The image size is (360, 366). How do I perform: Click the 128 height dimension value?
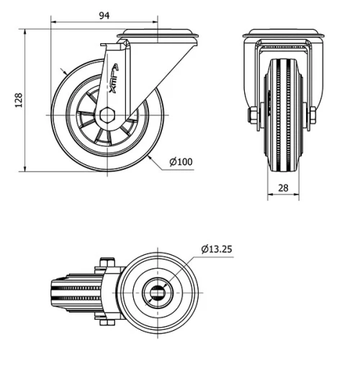19,99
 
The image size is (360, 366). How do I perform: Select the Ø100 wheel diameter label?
181,161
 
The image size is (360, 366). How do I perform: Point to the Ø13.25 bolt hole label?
217,249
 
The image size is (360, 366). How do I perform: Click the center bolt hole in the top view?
157,290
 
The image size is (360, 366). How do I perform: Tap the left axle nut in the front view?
253,115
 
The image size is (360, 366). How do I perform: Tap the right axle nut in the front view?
311,115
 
